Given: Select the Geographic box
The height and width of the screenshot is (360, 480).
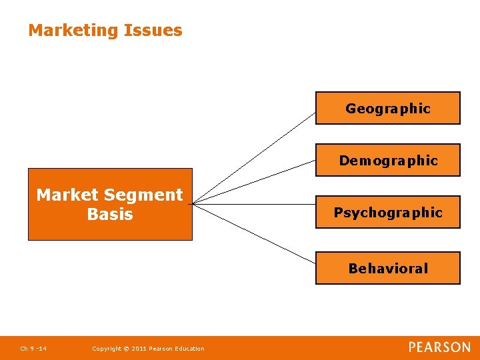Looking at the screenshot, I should pos(388,108).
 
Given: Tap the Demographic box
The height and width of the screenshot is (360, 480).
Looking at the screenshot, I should pos(388,160).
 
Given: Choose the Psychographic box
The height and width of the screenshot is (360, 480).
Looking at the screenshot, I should pos(388,212).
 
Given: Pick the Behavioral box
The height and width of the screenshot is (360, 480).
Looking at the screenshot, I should pos(388,268).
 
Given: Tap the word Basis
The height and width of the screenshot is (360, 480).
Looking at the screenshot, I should pos(110,214).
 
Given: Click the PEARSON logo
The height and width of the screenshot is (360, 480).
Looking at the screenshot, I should pos(439,347).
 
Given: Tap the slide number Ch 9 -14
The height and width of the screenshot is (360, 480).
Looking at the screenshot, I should pos(33,349).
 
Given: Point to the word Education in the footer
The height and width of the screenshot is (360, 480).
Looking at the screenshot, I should pos(189,349).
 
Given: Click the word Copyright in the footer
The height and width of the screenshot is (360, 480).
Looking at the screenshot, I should pos(105,349).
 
